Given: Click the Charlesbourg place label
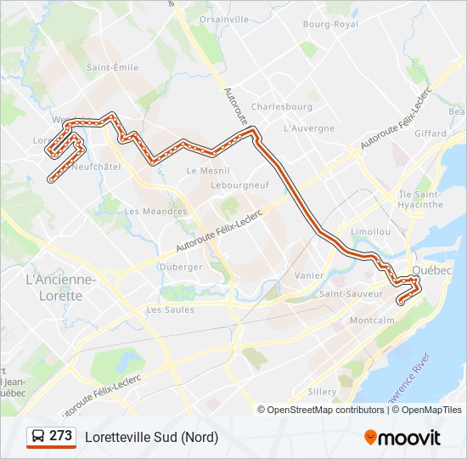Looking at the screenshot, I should pyautogui.click(x=282, y=107).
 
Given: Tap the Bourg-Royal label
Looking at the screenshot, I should pyautogui.click(x=331, y=25).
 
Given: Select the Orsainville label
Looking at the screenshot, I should pyautogui.click(x=223, y=19).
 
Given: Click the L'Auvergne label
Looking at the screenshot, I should pyautogui.click(x=309, y=128).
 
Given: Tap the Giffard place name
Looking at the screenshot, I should pyautogui.click(x=430, y=133).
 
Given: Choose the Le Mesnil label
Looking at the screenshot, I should pyautogui.click(x=203, y=170).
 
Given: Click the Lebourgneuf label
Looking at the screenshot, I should pyautogui.click(x=240, y=184).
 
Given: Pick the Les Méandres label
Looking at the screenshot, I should pyautogui.click(x=155, y=212).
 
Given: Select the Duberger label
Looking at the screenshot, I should pyautogui.click(x=181, y=266).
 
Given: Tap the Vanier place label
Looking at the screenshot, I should pyautogui.click(x=309, y=275).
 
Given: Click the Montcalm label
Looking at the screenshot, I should pyautogui.click(x=372, y=320).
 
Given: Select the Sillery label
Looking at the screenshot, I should pyautogui.click(x=323, y=392).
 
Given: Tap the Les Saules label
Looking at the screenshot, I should pyautogui.click(x=170, y=309).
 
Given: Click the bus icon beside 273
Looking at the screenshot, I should pyautogui.click(x=38, y=437).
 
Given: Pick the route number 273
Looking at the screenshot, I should pyautogui.click(x=61, y=436).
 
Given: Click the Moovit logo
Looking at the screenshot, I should pyautogui.click(x=402, y=438).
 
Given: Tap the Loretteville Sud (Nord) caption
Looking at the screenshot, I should pyautogui.click(x=151, y=437).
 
